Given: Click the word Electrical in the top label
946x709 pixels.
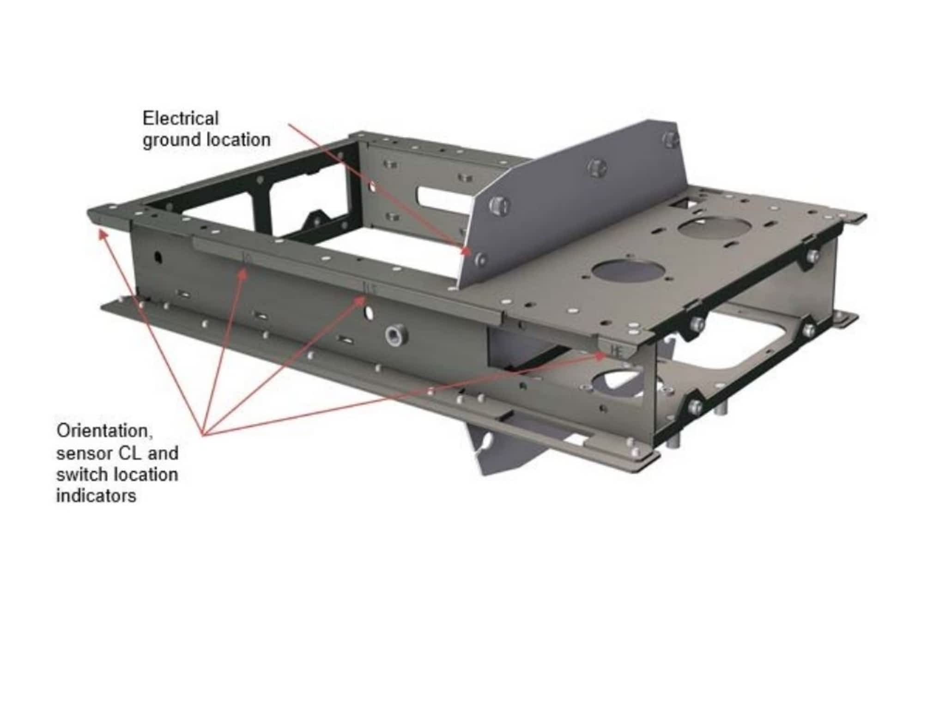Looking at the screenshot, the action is tap(180, 118).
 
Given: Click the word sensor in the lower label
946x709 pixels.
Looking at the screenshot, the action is tap(84, 453).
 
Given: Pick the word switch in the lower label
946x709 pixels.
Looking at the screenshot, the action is tap(82, 474).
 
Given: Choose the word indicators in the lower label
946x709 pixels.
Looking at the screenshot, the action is tap(96, 496).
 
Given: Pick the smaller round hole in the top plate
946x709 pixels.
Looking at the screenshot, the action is tap(715, 229).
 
